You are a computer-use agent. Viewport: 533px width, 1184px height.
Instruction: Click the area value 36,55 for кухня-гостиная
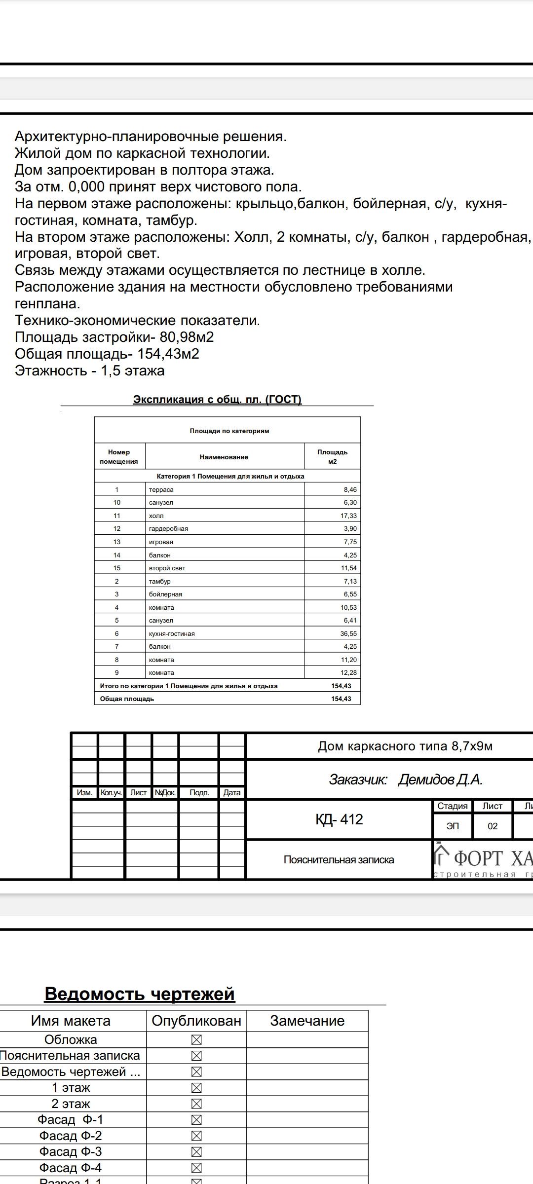[x=348, y=633]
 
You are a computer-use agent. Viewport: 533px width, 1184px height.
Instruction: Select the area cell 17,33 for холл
[x=348, y=516]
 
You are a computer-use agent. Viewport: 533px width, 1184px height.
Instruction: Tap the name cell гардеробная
[x=168, y=528]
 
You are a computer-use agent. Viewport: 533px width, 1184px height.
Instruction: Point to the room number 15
[x=117, y=568]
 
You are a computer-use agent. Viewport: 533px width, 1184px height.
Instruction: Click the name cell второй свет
[x=167, y=568]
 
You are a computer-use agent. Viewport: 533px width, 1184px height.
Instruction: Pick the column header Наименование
[x=224, y=457]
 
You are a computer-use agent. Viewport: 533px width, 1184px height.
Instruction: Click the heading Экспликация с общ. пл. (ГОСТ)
[x=217, y=399]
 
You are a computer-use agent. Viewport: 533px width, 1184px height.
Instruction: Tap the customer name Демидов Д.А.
[x=440, y=779]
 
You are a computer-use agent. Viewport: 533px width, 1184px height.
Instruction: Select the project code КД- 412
[x=339, y=819]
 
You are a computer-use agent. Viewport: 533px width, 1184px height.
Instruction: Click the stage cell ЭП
[x=453, y=826]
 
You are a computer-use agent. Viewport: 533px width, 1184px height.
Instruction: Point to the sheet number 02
[x=493, y=826]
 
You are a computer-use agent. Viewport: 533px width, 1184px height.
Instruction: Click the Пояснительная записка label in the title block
[x=339, y=860]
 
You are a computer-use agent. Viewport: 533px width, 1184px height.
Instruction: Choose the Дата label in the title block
[x=232, y=792]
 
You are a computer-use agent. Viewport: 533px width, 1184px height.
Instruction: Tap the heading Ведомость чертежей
[x=140, y=994]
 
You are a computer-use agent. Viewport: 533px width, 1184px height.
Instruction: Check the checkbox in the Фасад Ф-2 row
[x=196, y=1136]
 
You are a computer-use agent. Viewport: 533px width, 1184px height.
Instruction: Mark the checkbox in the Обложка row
[x=196, y=1040]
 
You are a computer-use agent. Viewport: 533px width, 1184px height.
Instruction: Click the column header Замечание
[x=307, y=1021]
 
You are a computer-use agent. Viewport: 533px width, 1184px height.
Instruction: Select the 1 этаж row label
[x=71, y=1087]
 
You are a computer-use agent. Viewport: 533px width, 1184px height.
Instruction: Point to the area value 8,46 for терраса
[x=350, y=489]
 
